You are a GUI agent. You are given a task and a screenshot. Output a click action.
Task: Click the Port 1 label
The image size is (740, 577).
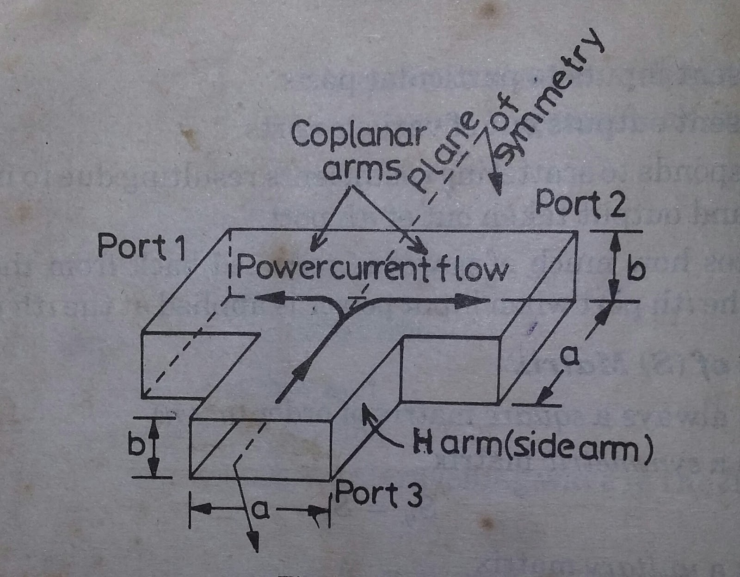click(141, 246)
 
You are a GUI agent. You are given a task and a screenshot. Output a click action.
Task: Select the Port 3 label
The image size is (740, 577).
click(378, 495)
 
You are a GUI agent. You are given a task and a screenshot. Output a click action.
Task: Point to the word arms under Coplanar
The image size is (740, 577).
click(362, 168)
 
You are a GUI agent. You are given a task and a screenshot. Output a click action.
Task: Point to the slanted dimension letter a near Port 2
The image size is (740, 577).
click(570, 356)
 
